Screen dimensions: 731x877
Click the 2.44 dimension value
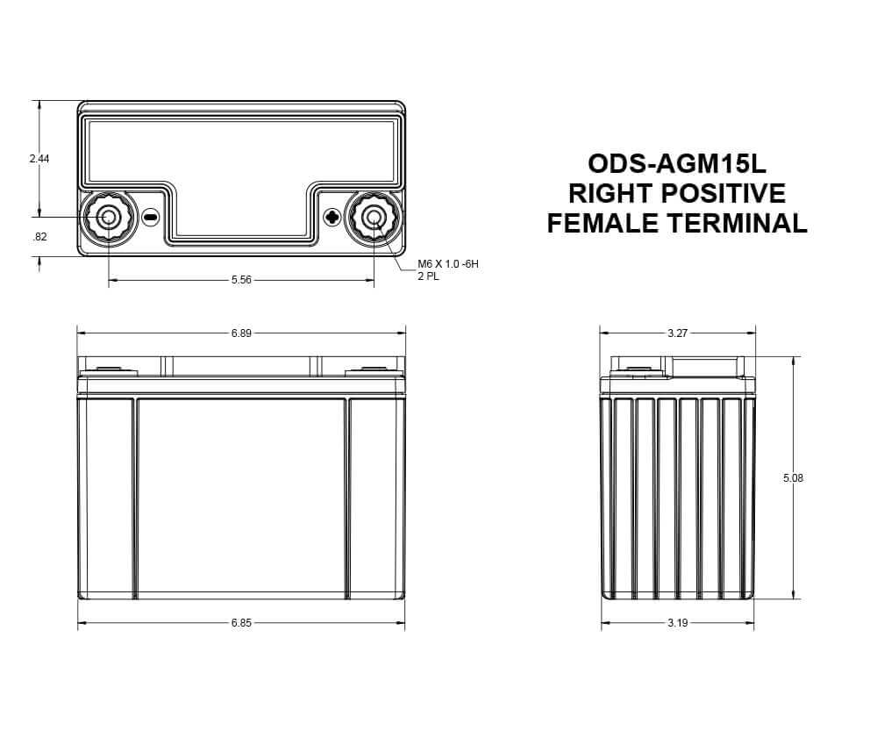pos(39,159)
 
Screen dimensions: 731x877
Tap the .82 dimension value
pos(39,237)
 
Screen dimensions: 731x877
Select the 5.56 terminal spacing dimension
pos(241,280)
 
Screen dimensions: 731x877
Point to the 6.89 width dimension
pos(241,333)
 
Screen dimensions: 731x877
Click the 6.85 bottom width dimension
pos(241,623)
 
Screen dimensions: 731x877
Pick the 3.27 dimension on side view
pos(677,333)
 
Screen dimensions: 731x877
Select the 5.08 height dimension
pos(793,478)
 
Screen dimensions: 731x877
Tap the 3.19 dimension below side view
pos(677,623)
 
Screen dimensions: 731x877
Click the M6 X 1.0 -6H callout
pos(448,264)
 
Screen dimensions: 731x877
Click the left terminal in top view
pos(110,217)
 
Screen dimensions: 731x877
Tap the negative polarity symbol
pos(150,217)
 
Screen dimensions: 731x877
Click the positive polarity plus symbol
pos(332,217)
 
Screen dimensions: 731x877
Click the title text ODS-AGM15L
pos(677,164)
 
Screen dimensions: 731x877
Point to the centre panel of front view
pos(241,496)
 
